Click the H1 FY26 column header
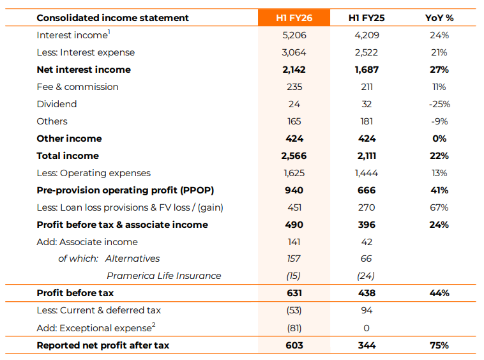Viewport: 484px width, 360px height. (x=294, y=18)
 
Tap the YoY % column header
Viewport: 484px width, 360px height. (x=439, y=18)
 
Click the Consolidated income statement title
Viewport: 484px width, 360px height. (x=113, y=18)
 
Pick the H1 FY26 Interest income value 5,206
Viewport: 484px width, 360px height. (x=294, y=35)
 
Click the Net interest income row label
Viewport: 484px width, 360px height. (x=84, y=70)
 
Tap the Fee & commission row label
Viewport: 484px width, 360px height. (x=77, y=87)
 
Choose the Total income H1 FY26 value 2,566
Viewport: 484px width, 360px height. (x=294, y=156)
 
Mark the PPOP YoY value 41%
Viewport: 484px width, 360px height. (x=439, y=190)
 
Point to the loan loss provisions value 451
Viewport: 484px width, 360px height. (x=294, y=207)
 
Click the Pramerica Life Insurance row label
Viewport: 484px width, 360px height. (x=163, y=276)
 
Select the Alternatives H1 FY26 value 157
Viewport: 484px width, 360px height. (x=294, y=259)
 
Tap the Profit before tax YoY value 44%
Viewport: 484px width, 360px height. (x=439, y=293)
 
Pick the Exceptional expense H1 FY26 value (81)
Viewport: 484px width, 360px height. (x=294, y=328)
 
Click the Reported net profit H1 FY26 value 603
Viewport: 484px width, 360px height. (x=294, y=345)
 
